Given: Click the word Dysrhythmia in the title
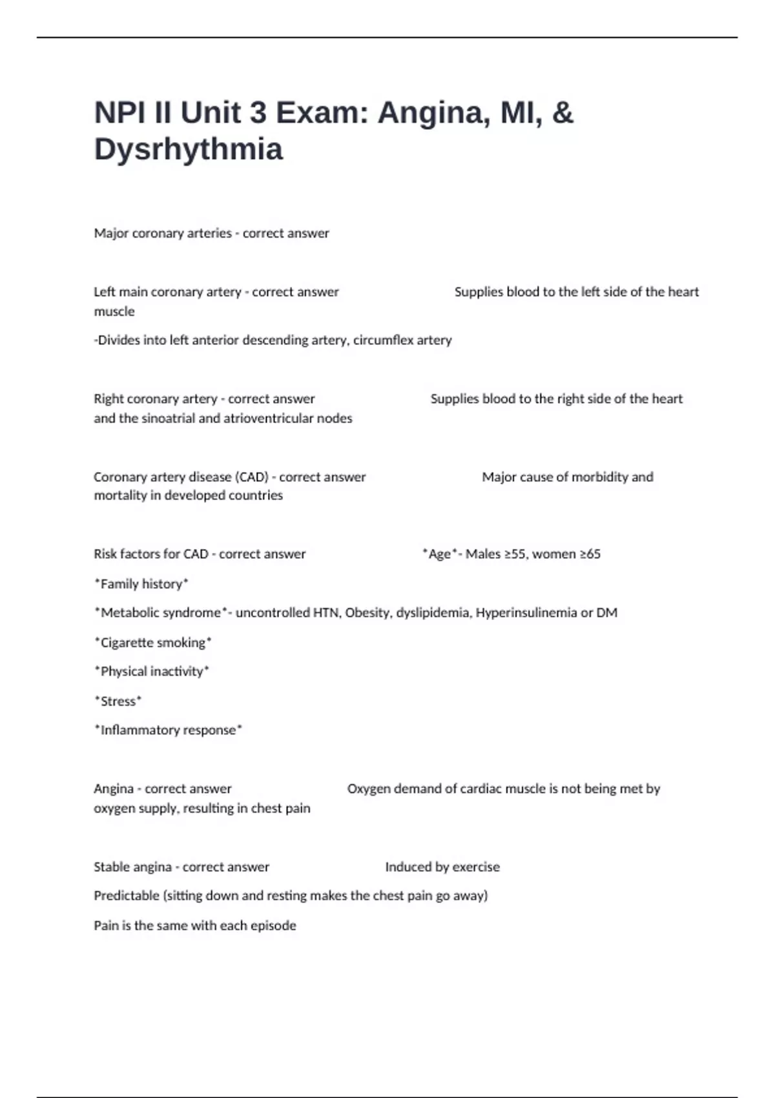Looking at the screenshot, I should [189, 149].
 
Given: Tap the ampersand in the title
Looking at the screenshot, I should [563, 112].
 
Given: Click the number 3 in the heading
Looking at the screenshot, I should [257, 112].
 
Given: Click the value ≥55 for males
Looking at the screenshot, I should [514, 554].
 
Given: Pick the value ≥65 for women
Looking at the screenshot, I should [590, 554].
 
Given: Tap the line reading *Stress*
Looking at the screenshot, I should [118, 701].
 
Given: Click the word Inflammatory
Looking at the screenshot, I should [136, 730].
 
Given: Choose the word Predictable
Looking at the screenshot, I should [127, 896].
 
